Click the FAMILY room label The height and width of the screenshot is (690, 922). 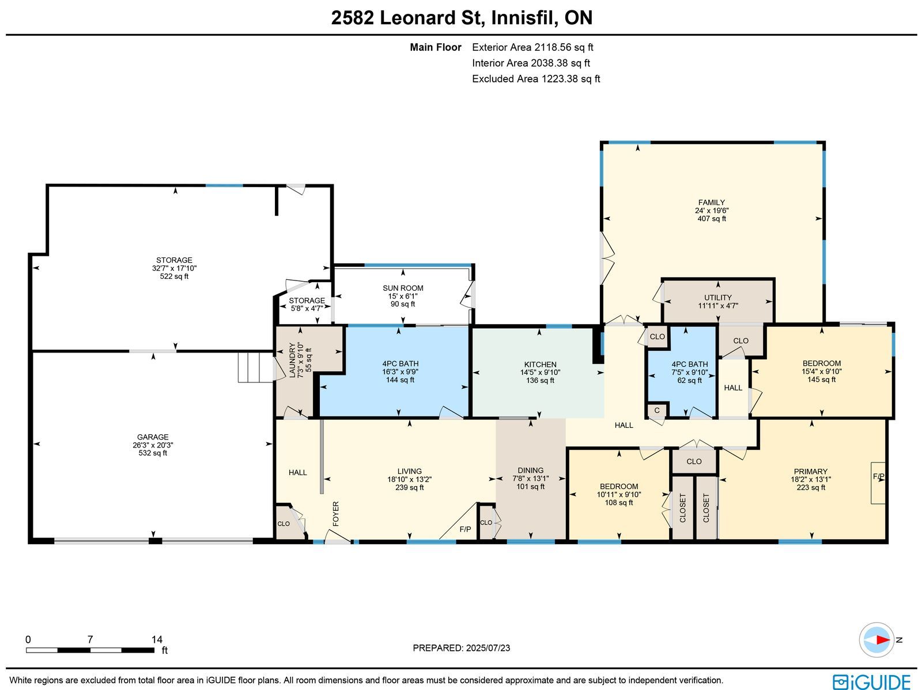coord(712,202)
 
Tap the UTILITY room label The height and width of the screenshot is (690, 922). coord(718,298)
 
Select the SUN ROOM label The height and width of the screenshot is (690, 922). coord(403,288)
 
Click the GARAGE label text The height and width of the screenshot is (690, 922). coord(153,437)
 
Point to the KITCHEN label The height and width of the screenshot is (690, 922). coord(540,365)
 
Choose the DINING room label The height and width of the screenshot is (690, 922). coord(531,471)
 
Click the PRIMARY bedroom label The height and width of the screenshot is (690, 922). coord(811,471)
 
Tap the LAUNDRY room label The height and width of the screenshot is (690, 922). coord(292,360)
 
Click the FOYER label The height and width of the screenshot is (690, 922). coord(335,513)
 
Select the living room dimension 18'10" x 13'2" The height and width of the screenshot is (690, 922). coord(410,479)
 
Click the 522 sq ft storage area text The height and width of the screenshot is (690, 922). coord(175,276)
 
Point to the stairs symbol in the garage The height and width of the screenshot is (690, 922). coord(256,367)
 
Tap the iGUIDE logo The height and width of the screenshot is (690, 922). coord(872,681)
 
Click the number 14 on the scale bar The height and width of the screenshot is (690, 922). coord(157,639)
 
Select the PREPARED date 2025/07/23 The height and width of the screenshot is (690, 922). coord(488,648)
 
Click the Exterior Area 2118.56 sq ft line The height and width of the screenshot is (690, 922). coord(532,47)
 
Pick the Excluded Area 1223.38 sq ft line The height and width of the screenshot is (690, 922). coord(536,78)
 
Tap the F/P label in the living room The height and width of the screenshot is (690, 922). coord(465,529)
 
